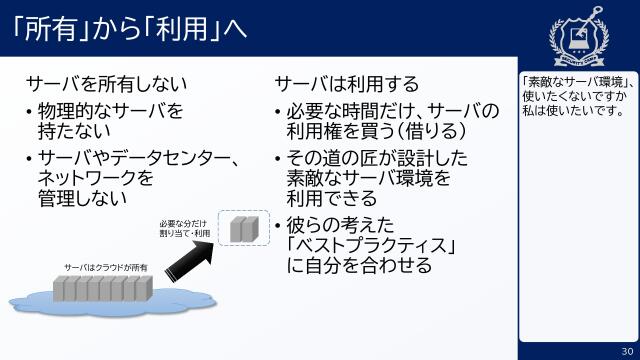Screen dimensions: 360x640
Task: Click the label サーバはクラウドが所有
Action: coord(106,268)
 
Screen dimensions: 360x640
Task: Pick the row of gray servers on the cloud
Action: coord(102,290)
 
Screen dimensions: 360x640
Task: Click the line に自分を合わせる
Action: coord(359,266)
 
